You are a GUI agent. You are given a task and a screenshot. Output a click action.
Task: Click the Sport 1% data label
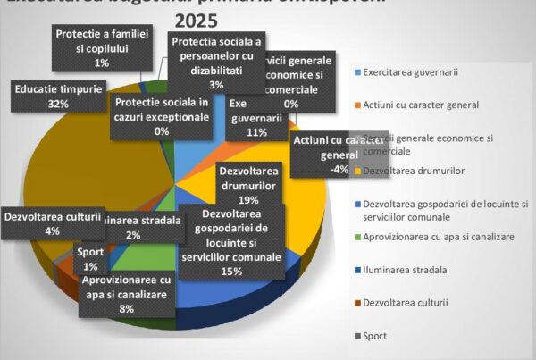[x=92, y=258]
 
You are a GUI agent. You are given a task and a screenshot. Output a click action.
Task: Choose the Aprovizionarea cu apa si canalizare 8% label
[x=126, y=294]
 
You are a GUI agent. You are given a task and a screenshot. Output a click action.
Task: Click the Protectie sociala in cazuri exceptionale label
[x=161, y=116]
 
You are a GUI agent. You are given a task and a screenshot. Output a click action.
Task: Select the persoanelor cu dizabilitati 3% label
[x=216, y=63]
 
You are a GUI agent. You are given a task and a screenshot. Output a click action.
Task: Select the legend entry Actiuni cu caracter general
[x=422, y=105]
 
